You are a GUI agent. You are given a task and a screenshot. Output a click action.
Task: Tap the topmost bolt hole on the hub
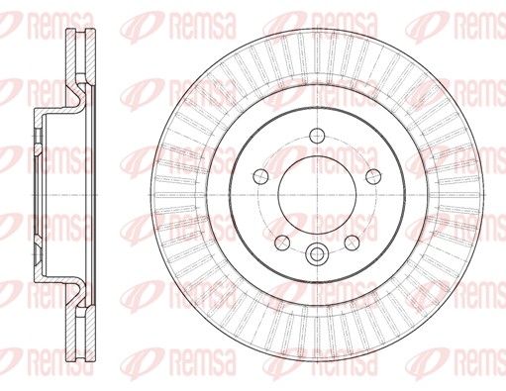tap(317, 136)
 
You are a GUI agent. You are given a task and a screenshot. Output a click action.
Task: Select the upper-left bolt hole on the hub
tap(260, 176)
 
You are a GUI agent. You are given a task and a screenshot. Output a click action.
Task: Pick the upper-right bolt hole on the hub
tap(373, 176)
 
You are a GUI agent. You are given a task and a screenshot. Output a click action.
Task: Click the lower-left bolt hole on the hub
tap(282, 243)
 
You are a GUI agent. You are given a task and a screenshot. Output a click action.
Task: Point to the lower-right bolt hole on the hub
tap(352, 243)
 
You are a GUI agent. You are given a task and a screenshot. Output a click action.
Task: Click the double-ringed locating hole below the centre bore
tap(317, 253)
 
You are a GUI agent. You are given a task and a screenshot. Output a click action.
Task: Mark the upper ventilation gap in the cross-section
tap(81, 52)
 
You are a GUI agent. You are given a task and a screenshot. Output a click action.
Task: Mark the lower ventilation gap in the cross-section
tap(81, 337)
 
